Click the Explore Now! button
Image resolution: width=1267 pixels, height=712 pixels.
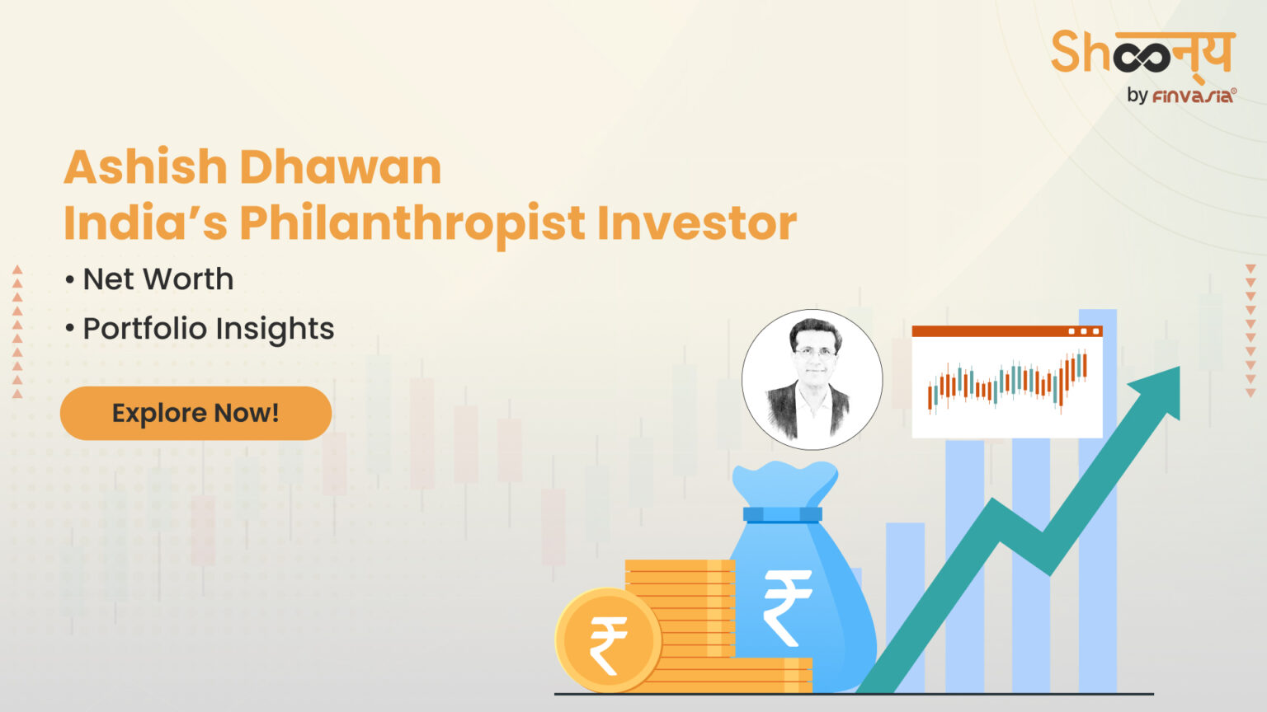pos(195,413)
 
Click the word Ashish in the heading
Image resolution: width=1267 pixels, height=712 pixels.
pos(145,167)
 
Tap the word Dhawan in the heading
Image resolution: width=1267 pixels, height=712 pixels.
pos(341,167)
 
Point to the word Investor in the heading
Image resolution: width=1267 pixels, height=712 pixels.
pos(696,223)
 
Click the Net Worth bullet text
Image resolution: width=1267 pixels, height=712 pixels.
pos(158,279)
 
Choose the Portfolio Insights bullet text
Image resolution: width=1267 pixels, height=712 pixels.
pos(208,329)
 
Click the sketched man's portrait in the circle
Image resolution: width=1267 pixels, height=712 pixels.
pos(812,379)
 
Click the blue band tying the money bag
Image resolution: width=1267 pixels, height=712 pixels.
pos(782,515)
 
